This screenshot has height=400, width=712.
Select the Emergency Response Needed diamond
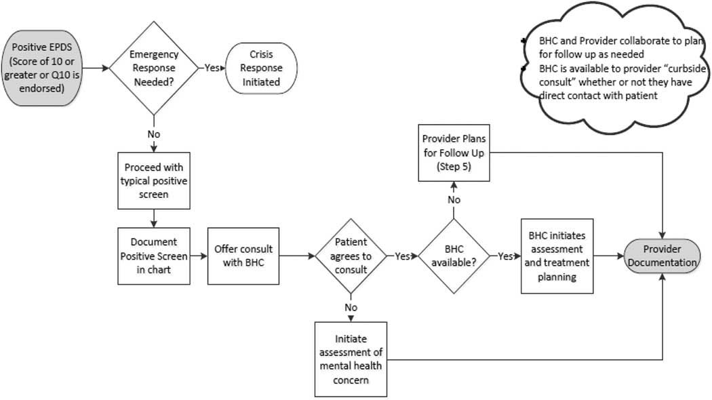tap(153, 68)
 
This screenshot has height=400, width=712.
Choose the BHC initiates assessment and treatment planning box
tap(557, 256)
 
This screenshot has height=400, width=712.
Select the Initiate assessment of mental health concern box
tap(351, 359)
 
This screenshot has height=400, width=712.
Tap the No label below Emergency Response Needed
tap(154, 134)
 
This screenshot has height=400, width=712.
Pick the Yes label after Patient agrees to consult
tap(402, 257)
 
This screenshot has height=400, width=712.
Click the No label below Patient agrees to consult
tap(351, 306)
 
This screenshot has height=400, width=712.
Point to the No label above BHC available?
tap(454, 200)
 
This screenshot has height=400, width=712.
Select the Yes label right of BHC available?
tap(506, 257)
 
